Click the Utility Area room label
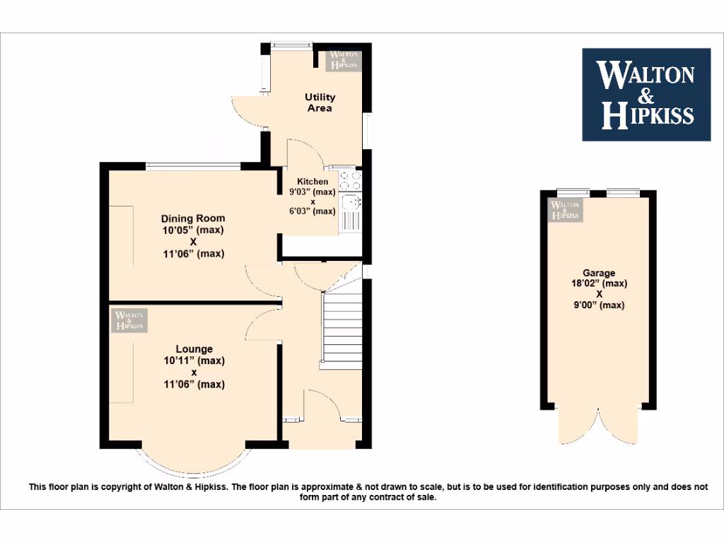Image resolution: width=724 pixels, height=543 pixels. (320, 103)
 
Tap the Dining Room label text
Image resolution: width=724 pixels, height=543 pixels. (192, 218)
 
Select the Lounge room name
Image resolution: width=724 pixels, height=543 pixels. (194, 349)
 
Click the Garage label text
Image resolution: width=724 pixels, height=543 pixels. (598, 273)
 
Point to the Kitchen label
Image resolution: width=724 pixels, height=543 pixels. (312, 182)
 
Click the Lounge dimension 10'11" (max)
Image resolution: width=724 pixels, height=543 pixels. (193, 361)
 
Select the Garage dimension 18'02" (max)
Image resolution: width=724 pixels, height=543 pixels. (598, 284)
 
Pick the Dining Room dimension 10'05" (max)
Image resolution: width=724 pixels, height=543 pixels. (192, 230)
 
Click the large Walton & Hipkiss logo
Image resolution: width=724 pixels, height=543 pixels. (646, 94)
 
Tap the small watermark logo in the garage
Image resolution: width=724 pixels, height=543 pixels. (565, 209)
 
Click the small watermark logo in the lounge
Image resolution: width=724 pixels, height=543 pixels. (129, 320)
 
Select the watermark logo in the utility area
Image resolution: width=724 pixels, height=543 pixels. (344, 61)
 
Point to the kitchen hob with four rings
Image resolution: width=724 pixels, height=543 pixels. (350, 180)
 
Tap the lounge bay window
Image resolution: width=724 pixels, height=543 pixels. (193, 463)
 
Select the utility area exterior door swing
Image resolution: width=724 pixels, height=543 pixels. (247, 112)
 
